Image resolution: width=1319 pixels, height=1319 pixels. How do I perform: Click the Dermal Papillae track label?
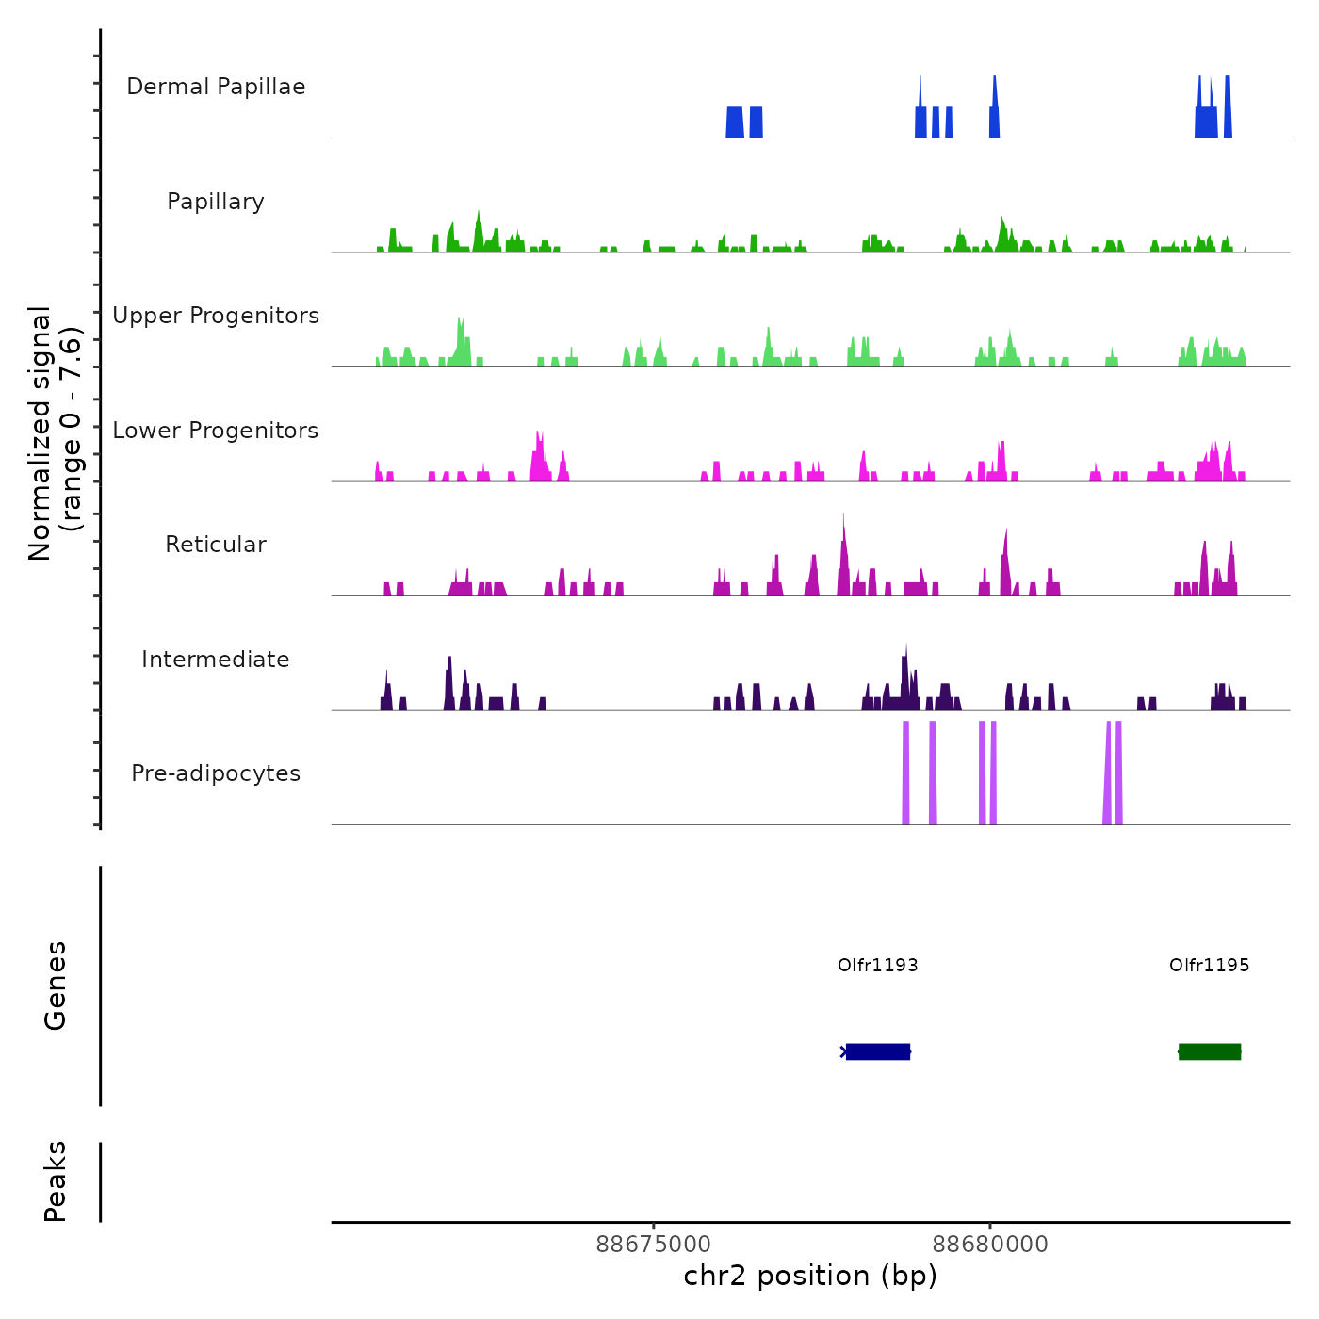tap(216, 87)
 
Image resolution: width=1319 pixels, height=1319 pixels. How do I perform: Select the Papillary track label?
tap(216, 202)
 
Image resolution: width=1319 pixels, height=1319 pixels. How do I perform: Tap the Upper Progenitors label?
tap(216, 316)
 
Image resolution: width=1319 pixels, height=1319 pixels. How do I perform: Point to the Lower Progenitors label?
tap(216, 431)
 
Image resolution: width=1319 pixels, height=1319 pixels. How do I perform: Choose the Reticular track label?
tap(216, 545)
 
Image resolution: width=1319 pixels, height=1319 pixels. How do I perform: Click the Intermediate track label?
tap(216, 659)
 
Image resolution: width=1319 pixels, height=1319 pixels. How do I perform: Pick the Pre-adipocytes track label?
tap(216, 773)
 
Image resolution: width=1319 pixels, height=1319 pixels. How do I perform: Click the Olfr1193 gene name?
tap(877, 965)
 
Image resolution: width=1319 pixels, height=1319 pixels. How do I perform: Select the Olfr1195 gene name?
tap(1209, 965)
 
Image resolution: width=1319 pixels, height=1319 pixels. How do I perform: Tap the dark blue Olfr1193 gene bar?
tap(878, 1051)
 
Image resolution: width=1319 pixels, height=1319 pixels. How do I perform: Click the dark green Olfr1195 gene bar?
tap(1210, 1051)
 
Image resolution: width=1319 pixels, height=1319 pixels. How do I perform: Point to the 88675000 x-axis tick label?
tap(654, 1245)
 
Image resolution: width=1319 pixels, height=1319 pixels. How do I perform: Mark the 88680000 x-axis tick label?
tap(990, 1245)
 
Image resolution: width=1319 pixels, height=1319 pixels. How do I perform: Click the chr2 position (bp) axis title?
tap(810, 1276)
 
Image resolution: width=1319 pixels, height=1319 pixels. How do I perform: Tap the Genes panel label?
tap(56, 985)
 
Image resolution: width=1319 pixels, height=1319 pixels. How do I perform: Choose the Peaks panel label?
tap(56, 1181)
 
